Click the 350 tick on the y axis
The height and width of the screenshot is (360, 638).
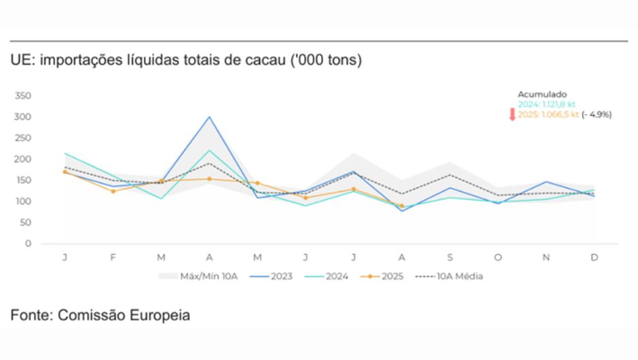point(22,96)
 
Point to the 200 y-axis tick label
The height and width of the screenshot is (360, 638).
point(22,159)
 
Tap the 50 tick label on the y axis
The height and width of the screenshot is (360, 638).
point(25,222)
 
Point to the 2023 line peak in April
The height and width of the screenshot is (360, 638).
point(210,117)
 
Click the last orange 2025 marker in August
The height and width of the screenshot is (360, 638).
point(401,206)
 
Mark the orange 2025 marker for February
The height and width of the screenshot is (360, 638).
point(113,191)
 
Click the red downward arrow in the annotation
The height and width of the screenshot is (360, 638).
point(512,114)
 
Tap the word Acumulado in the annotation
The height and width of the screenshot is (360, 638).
point(542,94)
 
